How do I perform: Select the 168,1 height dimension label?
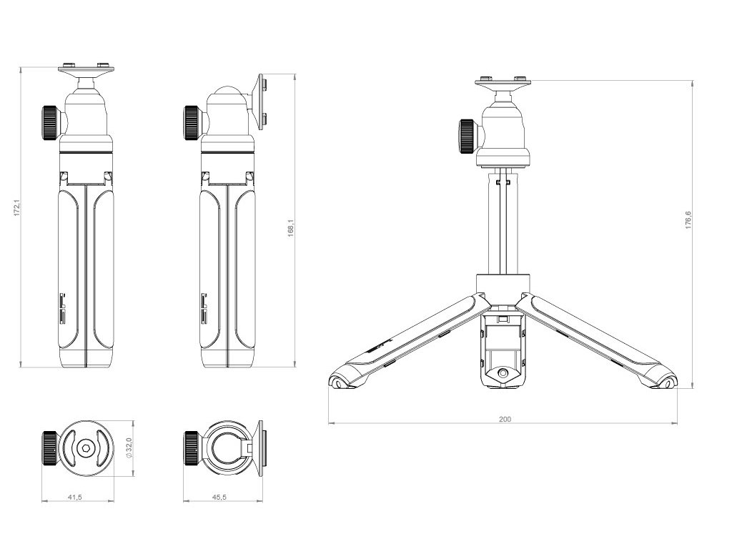(x=291, y=228)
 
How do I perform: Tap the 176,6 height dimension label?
(x=688, y=219)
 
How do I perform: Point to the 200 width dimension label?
(x=505, y=419)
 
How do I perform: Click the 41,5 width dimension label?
(x=74, y=497)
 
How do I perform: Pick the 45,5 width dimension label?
(x=219, y=497)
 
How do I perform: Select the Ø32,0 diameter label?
(x=129, y=447)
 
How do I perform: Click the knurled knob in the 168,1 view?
(x=192, y=122)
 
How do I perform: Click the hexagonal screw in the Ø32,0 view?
(x=85, y=447)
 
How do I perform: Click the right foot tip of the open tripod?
(x=671, y=382)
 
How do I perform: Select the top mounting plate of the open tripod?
(x=503, y=82)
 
